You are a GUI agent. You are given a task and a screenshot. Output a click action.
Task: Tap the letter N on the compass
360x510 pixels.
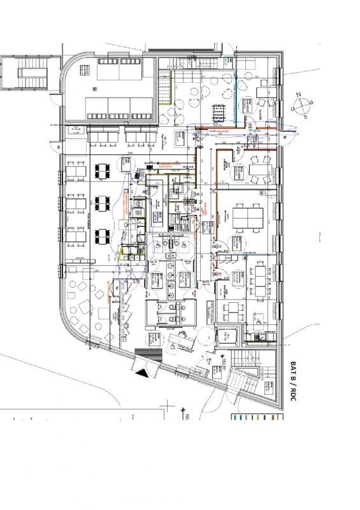[297, 94]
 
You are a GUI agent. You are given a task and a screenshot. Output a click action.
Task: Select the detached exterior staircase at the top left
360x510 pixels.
[25, 75]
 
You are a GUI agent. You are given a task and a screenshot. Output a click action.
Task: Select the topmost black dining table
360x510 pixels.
[102, 171]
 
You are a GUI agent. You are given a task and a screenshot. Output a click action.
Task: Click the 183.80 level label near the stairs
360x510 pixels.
[225, 366]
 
